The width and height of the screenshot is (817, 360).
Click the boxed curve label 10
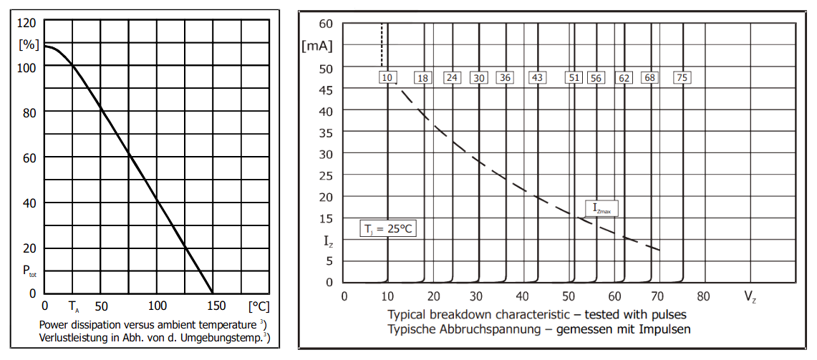click(387, 77)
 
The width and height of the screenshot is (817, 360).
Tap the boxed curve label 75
click(683, 77)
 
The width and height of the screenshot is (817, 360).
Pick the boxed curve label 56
click(596, 78)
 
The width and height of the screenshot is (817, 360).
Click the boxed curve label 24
click(451, 77)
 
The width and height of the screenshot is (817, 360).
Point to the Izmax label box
click(601, 208)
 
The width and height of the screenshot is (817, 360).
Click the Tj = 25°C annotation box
click(387, 229)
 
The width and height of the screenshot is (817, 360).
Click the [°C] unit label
click(258, 306)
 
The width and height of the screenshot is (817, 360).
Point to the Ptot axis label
click(28, 271)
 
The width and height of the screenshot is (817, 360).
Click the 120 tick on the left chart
click(27, 21)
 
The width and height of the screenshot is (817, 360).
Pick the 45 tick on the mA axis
click(326, 90)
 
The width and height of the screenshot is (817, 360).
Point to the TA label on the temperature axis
click(74, 307)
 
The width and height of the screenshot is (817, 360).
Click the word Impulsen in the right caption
click(666, 329)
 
